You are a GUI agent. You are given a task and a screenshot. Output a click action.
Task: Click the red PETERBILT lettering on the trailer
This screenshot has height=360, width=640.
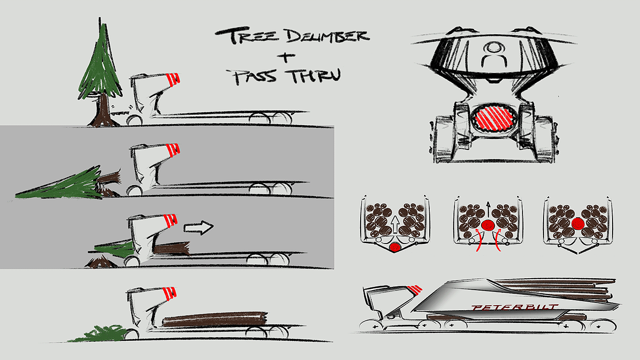[x=514, y=307]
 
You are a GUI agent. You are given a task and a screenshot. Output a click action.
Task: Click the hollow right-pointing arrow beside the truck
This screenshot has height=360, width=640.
[x=198, y=228]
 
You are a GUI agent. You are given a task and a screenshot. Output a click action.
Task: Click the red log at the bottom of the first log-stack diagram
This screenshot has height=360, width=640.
[x=395, y=247]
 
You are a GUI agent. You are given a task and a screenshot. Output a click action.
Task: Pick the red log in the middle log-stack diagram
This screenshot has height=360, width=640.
[x=488, y=225]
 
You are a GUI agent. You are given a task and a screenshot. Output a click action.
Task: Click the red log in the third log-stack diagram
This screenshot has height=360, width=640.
[x=578, y=223]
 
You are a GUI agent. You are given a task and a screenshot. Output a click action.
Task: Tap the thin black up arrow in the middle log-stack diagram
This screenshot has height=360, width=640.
[x=488, y=209]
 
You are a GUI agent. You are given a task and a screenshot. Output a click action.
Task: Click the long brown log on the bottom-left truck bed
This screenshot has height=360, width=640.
[x=215, y=319]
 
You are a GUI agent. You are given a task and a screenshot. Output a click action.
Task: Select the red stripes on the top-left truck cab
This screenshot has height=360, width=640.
[x=173, y=79]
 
